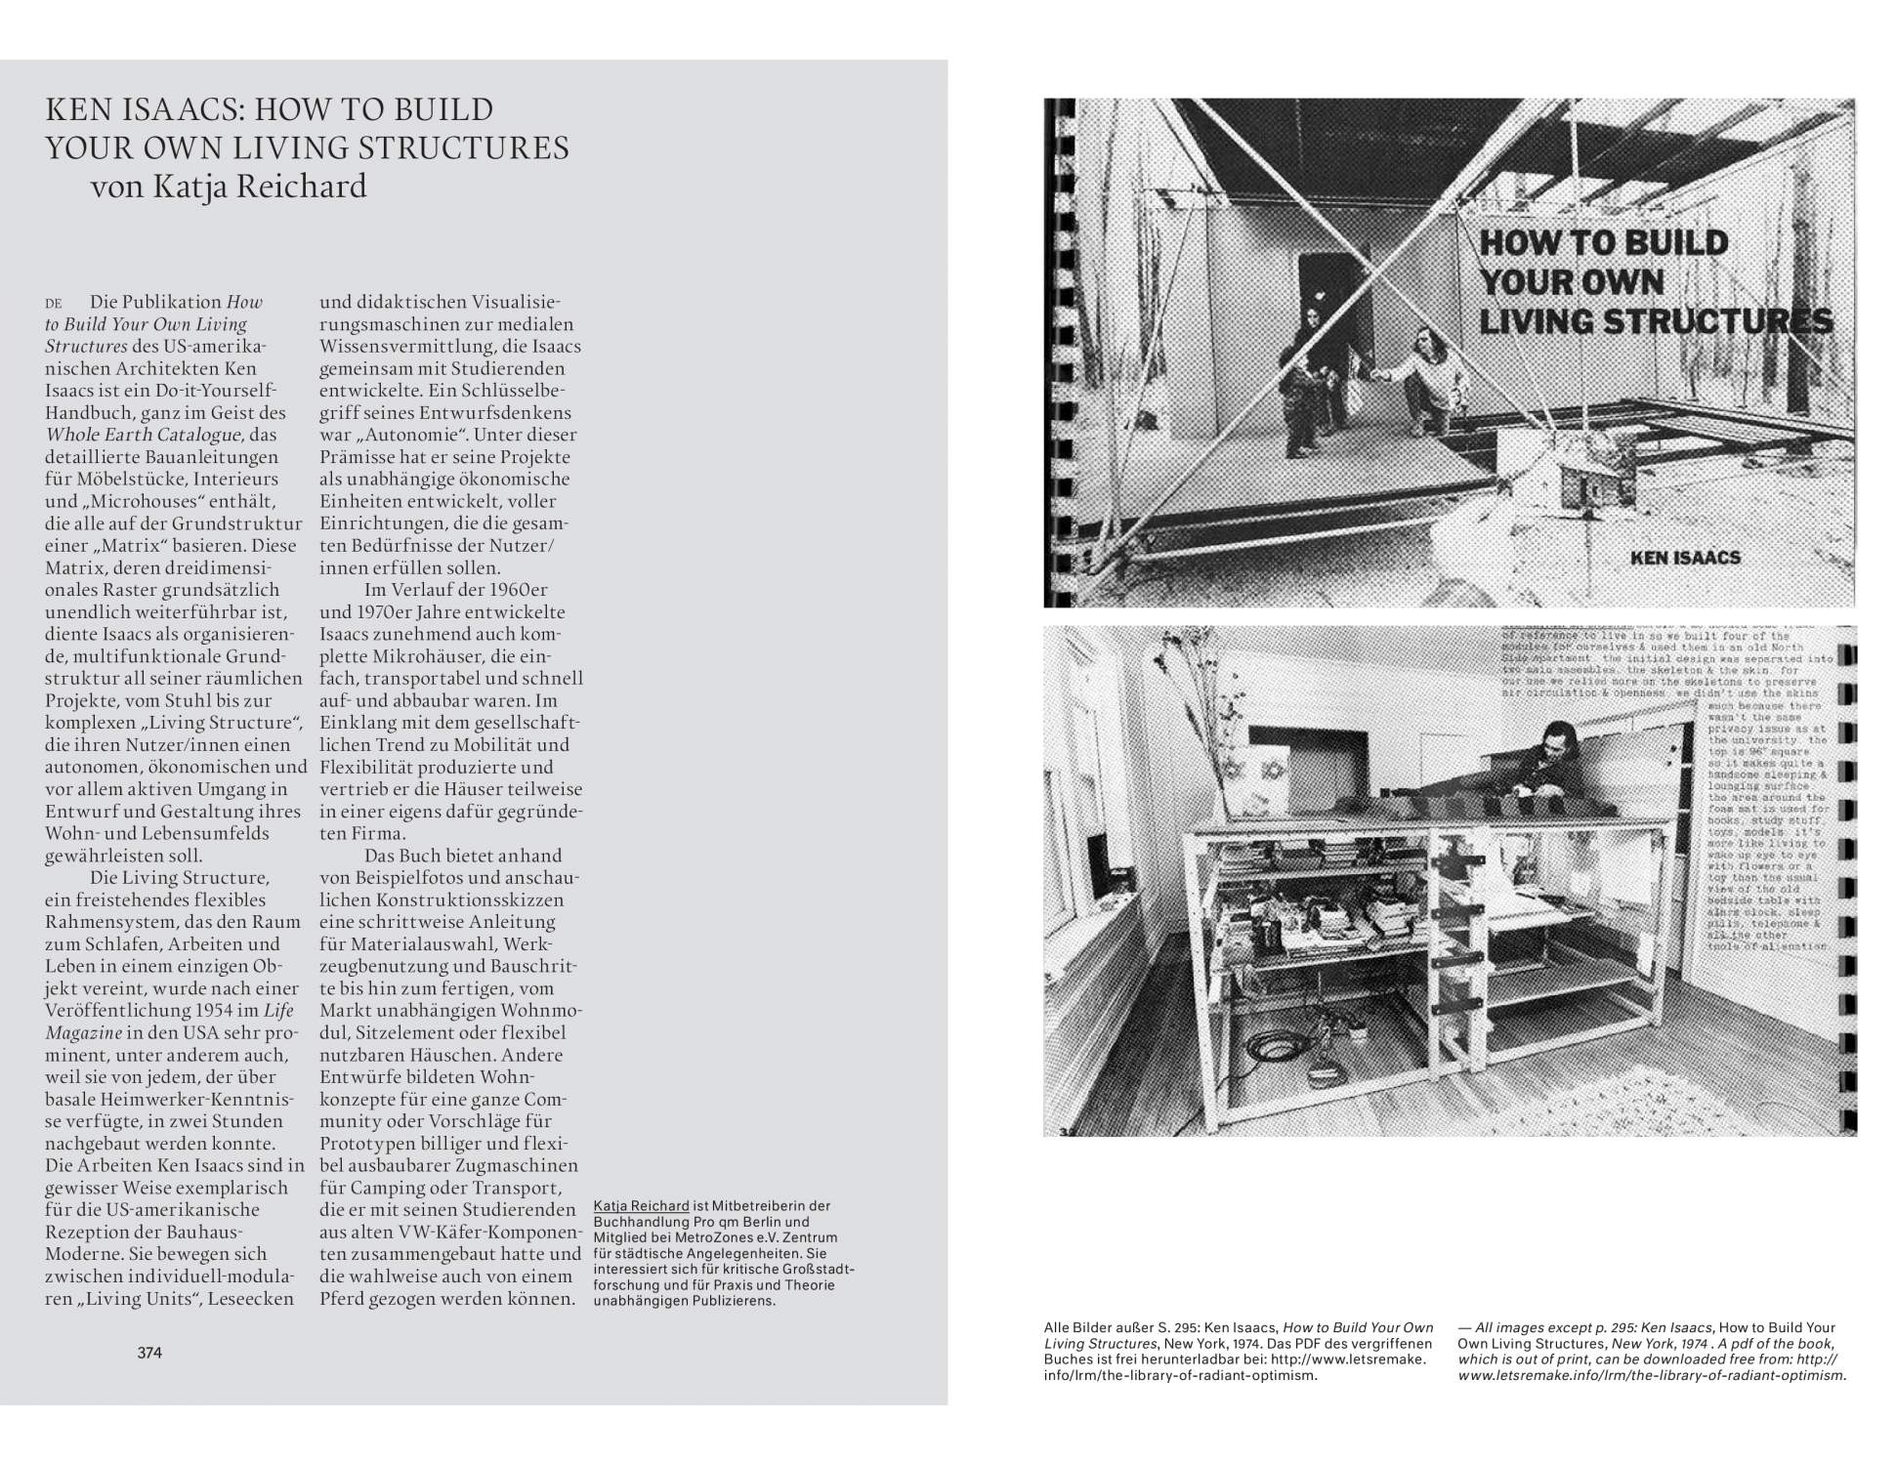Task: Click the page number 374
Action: (149, 1353)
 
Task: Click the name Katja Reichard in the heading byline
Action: (259, 186)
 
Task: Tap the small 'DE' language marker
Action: (54, 304)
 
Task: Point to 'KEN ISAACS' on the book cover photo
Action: (1685, 558)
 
